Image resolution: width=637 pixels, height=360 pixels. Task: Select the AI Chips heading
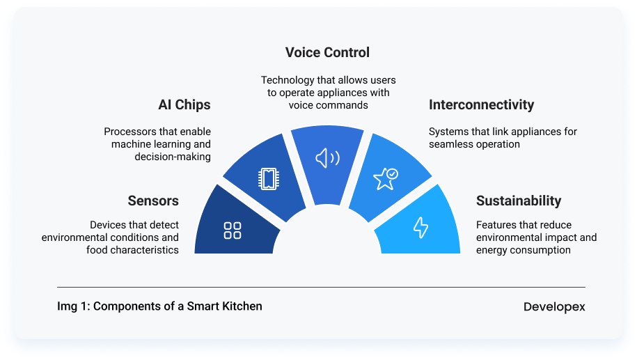click(x=184, y=105)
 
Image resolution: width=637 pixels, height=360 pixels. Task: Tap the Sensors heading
click(x=153, y=201)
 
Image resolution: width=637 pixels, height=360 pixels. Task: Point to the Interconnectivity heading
click(x=481, y=105)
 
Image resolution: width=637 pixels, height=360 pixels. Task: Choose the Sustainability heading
click(x=518, y=201)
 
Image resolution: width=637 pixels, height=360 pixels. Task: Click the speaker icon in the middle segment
click(x=327, y=159)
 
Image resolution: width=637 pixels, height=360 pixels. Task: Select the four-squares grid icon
click(x=233, y=230)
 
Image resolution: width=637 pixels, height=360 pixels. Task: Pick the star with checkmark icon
click(x=385, y=178)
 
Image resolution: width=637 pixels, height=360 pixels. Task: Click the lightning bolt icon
click(x=420, y=227)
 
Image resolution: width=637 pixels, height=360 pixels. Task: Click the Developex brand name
click(x=554, y=307)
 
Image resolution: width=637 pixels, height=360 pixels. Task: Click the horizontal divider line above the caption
click(x=321, y=287)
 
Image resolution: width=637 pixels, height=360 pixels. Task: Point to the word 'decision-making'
click(x=173, y=157)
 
